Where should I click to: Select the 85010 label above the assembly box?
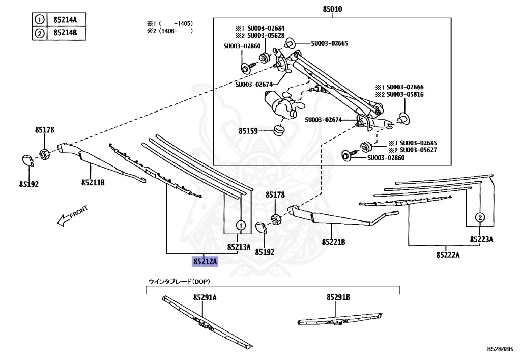click(x=333, y=9)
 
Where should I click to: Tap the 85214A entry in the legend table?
click(x=65, y=20)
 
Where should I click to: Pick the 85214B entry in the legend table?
click(x=65, y=34)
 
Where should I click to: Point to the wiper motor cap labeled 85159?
click(x=279, y=131)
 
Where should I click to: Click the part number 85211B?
click(x=93, y=182)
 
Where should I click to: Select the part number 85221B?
click(x=333, y=242)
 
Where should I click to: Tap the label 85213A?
click(x=239, y=247)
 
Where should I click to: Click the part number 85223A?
click(x=481, y=239)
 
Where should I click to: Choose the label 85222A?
click(x=448, y=254)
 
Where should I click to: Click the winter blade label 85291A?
click(x=205, y=297)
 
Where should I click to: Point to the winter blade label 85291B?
click(x=338, y=297)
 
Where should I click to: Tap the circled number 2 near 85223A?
click(x=479, y=217)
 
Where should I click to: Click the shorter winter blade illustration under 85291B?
click(x=339, y=319)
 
